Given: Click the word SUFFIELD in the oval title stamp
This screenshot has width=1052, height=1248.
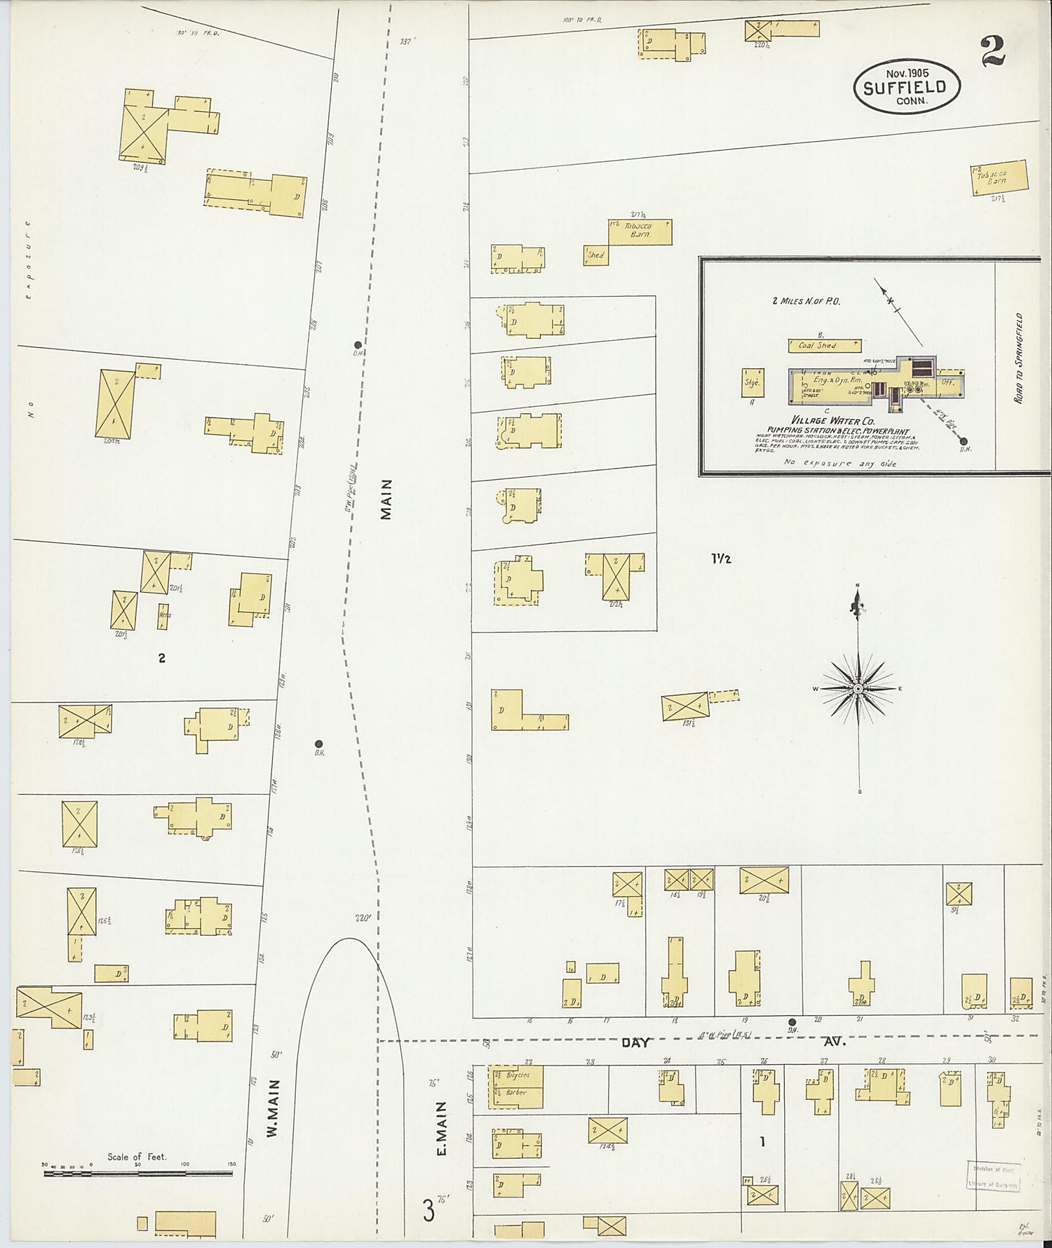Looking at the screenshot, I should pyautogui.click(x=905, y=88).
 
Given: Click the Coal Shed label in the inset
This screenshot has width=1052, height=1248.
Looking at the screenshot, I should pyautogui.click(x=817, y=346).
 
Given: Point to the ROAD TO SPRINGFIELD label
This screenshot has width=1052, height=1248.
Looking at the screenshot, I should pyautogui.click(x=1018, y=358).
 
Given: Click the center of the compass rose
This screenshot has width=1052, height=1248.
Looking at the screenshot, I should pyautogui.click(x=857, y=689).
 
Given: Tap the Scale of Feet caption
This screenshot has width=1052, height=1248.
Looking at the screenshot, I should pyautogui.click(x=137, y=1156).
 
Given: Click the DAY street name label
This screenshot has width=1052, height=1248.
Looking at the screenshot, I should pyautogui.click(x=635, y=1043).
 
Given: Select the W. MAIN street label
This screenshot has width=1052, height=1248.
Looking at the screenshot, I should pyautogui.click(x=274, y=1108).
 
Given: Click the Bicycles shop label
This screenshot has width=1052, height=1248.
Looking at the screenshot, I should pyautogui.click(x=518, y=1075).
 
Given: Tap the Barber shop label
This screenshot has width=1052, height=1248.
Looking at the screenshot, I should pyautogui.click(x=516, y=1092).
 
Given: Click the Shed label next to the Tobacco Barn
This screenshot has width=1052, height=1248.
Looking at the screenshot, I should pyautogui.click(x=595, y=255).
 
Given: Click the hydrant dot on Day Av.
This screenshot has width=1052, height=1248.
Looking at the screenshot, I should pyautogui.click(x=792, y=1022).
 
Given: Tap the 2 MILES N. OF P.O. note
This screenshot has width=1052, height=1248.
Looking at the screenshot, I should pyautogui.click(x=806, y=302).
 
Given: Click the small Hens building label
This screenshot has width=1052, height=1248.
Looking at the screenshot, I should pyautogui.click(x=165, y=615).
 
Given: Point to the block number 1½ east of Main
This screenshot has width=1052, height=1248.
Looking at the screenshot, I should pyautogui.click(x=721, y=559).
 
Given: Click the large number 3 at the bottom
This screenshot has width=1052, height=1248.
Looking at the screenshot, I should pyautogui.click(x=427, y=1212).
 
